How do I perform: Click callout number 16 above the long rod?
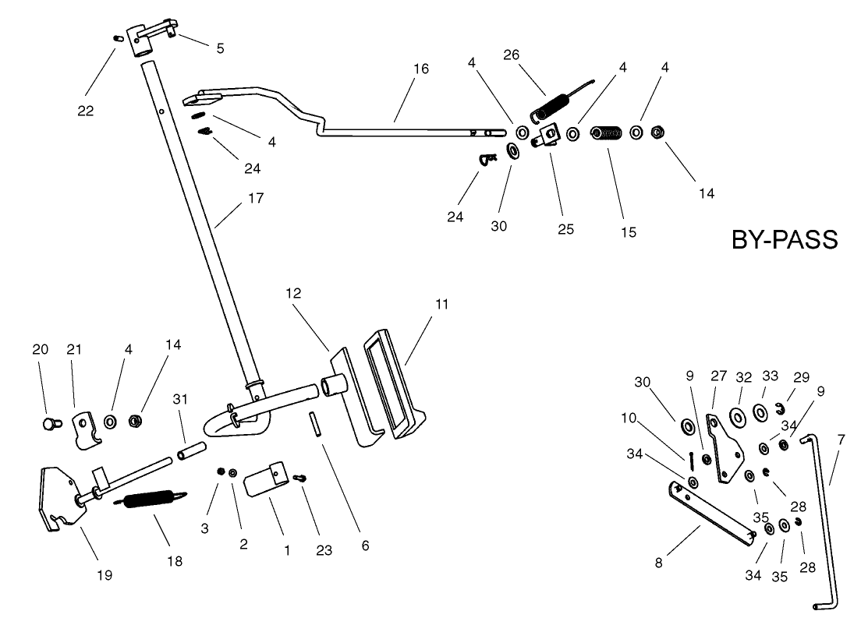(420, 69)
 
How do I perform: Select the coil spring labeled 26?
(554, 103)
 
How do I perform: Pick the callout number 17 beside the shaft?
(256, 198)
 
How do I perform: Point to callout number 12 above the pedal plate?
(293, 294)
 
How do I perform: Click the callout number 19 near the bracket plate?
(105, 575)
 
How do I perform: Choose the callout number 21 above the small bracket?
(75, 350)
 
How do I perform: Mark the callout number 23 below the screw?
(324, 550)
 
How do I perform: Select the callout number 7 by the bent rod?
(840, 440)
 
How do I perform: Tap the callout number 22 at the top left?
(85, 111)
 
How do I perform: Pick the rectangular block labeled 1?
(263, 482)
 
